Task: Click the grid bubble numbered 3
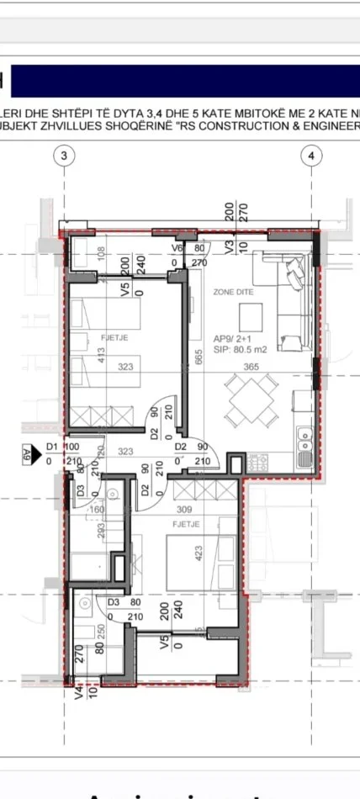pyautogui.click(x=63, y=156)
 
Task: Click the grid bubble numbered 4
pyautogui.click(x=312, y=156)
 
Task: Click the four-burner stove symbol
pyautogui.click(x=256, y=461)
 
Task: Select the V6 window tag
pyautogui.click(x=178, y=249)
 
